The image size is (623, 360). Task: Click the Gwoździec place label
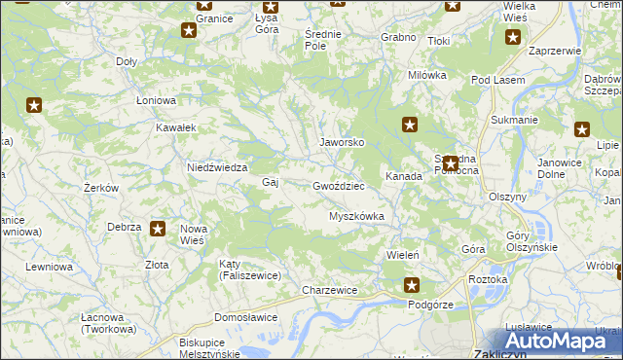coord(339,185)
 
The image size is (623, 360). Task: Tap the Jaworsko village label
coord(343,142)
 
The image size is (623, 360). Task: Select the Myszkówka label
coord(357,216)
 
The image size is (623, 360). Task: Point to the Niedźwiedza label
coord(217,167)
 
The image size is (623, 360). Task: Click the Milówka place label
coord(426,75)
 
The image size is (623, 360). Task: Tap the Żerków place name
coord(100,188)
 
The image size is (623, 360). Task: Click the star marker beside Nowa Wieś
coord(160,229)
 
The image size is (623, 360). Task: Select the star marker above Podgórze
coord(412,285)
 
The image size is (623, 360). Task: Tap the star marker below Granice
coord(189,30)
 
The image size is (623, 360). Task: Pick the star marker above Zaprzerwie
coord(513,38)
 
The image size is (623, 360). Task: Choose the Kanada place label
coord(403,177)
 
